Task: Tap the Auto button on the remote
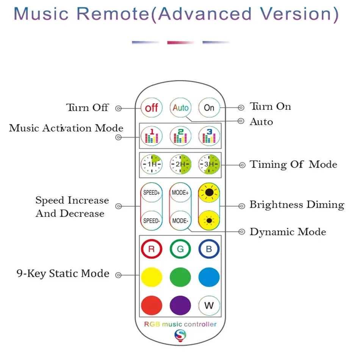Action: point(180,108)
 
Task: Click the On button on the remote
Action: point(209,108)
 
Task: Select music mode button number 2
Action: point(180,136)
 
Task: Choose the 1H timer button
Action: point(152,164)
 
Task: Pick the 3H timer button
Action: point(209,164)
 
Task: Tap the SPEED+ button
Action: point(152,193)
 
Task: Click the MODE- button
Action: point(180,221)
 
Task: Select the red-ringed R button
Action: point(152,249)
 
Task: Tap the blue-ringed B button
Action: point(209,249)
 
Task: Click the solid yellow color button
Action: point(152,277)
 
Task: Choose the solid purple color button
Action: point(180,305)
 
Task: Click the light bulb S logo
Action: point(180,335)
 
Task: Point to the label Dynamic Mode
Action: point(288,232)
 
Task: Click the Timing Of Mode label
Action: point(293,164)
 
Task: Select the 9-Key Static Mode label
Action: point(63,274)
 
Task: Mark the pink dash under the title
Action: point(181,42)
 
